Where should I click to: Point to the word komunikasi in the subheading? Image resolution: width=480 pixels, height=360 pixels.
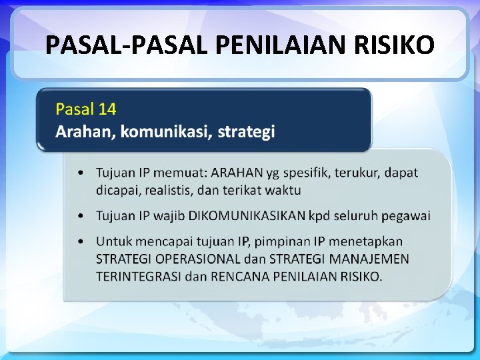tap(167, 131)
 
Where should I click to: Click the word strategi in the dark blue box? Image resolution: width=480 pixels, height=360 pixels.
tap(246, 131)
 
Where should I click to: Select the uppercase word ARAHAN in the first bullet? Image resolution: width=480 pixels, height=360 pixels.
tap(237, 173)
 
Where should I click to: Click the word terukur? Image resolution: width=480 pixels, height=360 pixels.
tap(357, 173)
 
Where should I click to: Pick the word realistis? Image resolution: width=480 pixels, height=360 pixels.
tap(165, 190)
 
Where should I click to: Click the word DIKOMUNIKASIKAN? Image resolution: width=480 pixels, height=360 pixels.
tap(247, 215)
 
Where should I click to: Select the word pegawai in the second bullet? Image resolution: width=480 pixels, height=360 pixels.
tap(406, 215)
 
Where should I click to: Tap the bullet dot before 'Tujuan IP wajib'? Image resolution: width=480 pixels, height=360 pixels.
tap(81, 216)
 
